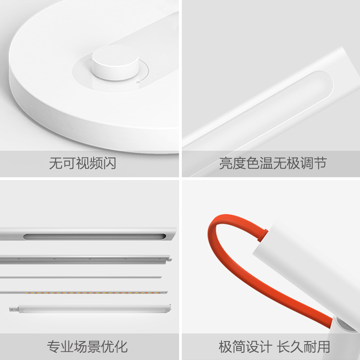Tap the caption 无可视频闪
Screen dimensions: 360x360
click(x=82, y=163)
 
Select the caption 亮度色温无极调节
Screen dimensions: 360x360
click(x=273, y=163)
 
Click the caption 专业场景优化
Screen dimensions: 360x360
click(x=87, y=346)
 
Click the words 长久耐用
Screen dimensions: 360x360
click(x=304, y=346)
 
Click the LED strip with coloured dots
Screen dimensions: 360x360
click(x=85, y=292)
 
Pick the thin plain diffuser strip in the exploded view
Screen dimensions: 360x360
click(x=81, y=276)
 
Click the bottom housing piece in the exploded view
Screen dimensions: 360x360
click(x=90, y=309)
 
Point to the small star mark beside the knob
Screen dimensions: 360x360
click(x=139, y=81)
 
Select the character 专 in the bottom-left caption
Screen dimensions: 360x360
click(x=54, y=346)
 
